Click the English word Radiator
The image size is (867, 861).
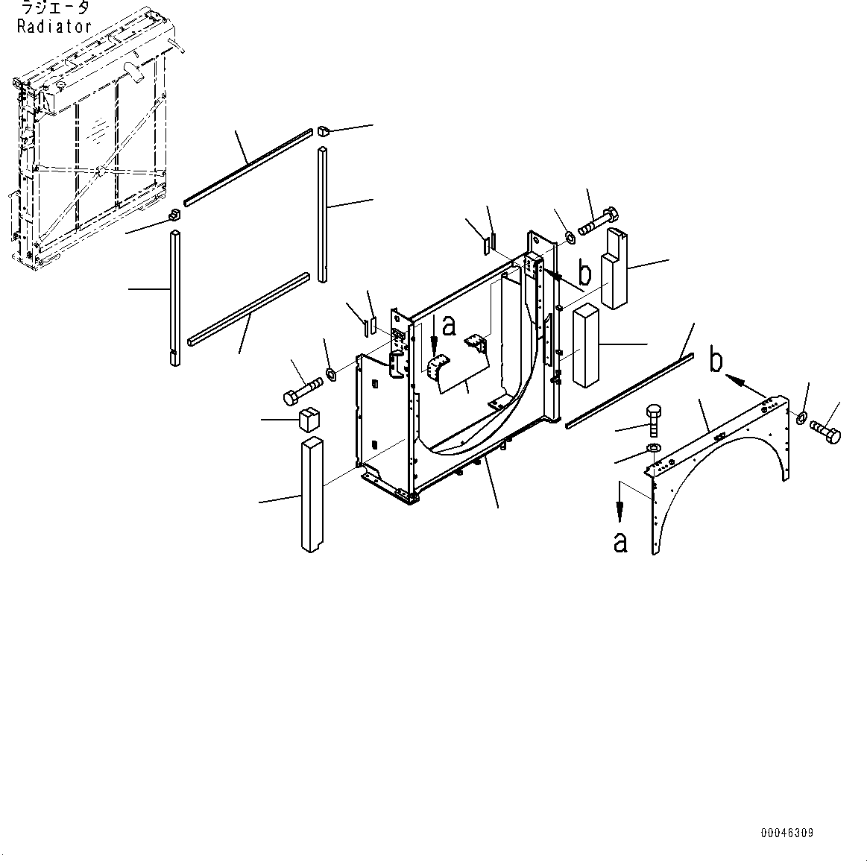click(x=54, y=26)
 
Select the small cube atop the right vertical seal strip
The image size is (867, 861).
click(x=324, y=133)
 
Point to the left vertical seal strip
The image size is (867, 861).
click(x=174, y=298)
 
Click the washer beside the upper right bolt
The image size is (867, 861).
click(x=570, y=237)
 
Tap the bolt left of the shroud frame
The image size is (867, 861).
click(x=302, y=391)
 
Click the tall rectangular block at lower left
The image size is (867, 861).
click(x=312, y=494)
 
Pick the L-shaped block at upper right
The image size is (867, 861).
click(x=616, y=268)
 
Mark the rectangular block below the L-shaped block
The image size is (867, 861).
click(x=586, y=345)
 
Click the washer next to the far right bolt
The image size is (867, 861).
click(x=801, y=416)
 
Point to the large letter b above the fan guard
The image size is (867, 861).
click(x=716, y=362)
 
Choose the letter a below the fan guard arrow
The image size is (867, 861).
click(x=620, y=542)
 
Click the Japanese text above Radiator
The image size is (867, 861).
click(x=54, y=8)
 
